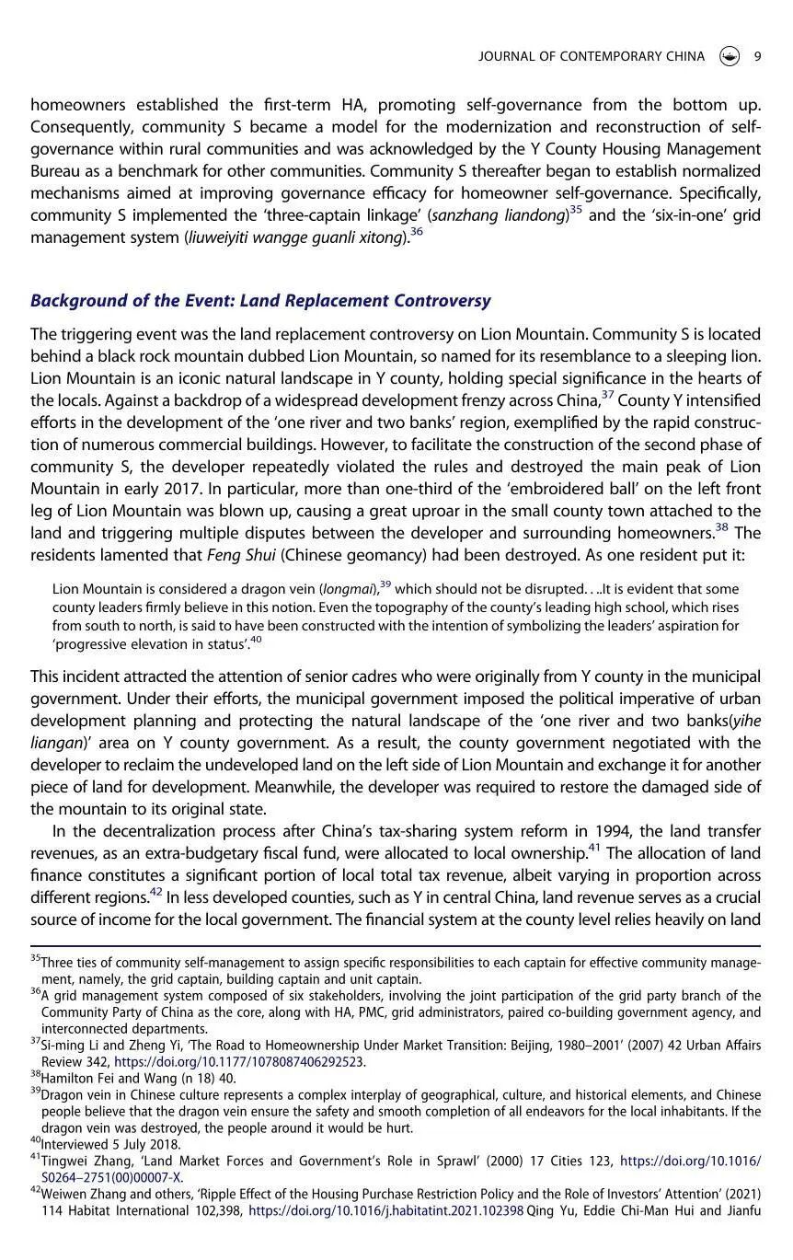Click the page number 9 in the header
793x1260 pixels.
click(x=757, y=56)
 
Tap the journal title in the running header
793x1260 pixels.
click(x=592, y=56)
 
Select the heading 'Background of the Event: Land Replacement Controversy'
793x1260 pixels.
click(x=260, y=301)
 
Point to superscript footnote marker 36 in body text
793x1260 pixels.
click(x=417, y=232)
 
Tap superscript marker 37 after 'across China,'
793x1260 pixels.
click(x=607, y=395)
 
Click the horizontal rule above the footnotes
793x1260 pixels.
click(x=396, y=945)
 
